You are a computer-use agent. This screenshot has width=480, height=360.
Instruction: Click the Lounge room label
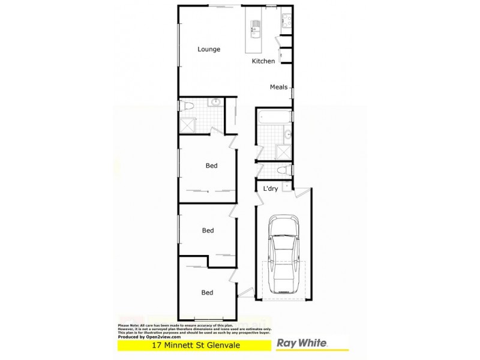[x=209, y=49]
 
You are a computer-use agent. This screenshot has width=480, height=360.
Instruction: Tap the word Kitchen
[x=263, y=61]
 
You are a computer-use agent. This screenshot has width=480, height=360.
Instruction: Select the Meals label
[x=278, y=87]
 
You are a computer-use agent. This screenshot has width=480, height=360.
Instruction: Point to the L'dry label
[x=269, y=189]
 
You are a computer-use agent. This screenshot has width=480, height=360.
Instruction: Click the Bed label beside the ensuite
[x=211, y=166]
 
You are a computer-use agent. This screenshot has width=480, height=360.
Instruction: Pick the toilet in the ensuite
[x=187, y=106]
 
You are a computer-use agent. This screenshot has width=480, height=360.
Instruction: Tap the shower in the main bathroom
[x=284, y=151]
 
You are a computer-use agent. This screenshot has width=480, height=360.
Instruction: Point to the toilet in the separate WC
[x=286, y=171]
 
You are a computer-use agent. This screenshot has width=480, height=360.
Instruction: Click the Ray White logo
[x=302, y=343]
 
